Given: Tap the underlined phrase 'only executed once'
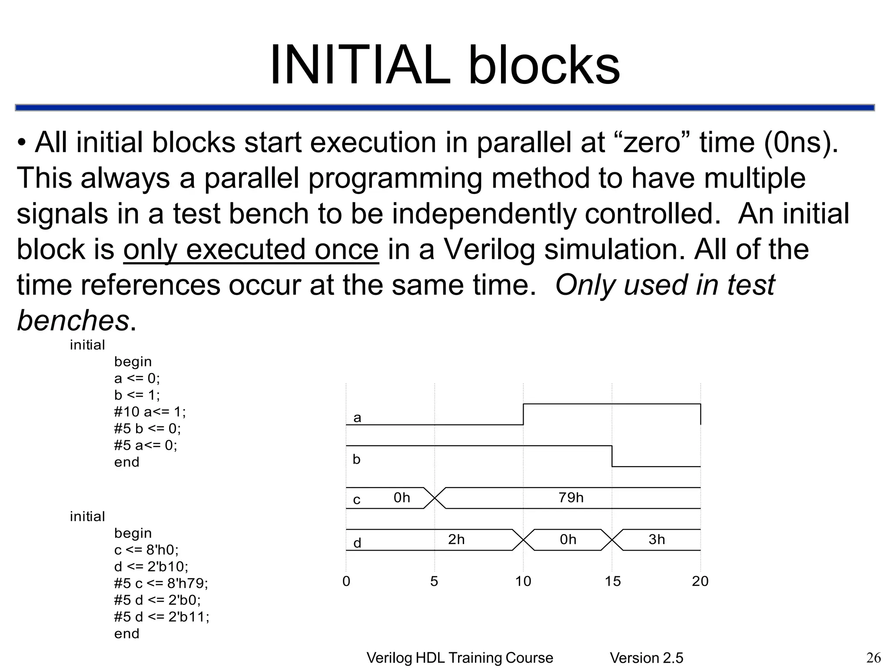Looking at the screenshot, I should (251, 250).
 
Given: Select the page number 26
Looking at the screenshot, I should (873, 658).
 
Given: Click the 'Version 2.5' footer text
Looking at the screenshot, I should (646, 658).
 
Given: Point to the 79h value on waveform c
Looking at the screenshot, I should (571, 498).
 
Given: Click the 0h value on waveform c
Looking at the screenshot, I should (402, 498).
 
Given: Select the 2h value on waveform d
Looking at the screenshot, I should (456, 540).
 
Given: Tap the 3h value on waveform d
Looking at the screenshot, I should (656, 540).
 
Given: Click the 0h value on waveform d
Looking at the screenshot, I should (568, 540).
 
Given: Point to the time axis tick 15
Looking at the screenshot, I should (612, 581).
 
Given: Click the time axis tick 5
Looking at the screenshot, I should (434, 581).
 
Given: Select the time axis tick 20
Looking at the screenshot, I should (700, 581).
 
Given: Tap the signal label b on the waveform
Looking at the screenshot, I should (356, 459).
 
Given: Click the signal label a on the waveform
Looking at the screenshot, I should (357, 418).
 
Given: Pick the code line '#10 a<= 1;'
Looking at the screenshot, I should (149, 411).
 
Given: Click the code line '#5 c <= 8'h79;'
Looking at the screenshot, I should (161, 583).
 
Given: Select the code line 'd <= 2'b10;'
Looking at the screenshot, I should (151, 567).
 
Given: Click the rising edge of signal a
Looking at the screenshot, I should (523, 414).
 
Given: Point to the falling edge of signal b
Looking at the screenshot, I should (612, 456).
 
